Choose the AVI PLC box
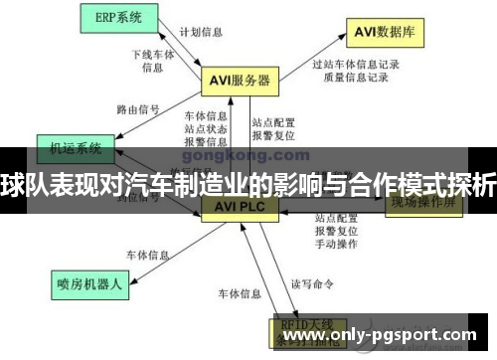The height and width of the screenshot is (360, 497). [236, 207]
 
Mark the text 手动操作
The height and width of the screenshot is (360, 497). [335, 243]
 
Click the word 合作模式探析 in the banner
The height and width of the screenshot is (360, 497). [436, 184]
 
